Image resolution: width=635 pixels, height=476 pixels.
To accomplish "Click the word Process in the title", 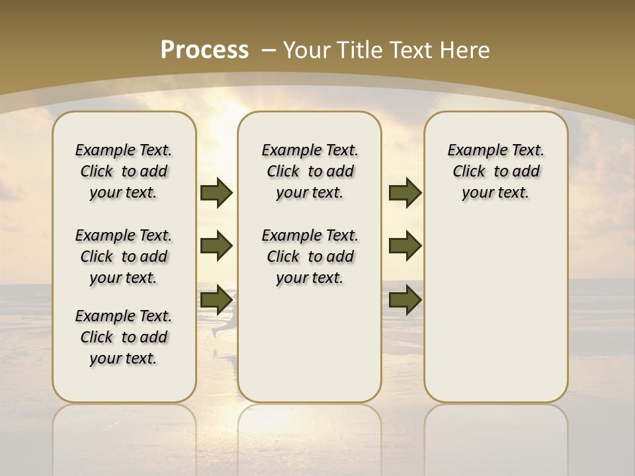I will [x=204, y=50].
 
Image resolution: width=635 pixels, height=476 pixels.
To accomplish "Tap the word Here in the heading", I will [x=465, y=50].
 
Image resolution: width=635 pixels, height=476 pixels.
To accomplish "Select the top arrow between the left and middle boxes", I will [x=216, y=193].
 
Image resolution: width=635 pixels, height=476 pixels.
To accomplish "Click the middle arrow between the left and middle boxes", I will [x=216, y=247].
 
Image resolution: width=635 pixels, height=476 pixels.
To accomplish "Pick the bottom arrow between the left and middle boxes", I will [x=216, y=300].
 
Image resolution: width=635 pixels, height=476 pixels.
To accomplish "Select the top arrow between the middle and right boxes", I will [x=405, y=193].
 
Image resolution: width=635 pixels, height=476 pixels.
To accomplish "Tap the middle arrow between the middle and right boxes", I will [x=405, y=247].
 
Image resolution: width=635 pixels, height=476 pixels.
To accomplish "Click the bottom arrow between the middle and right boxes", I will [x=405, y=300].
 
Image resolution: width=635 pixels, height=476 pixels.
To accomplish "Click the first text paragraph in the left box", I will [x=124, y=171].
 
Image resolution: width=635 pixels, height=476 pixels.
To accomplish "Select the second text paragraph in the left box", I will [x=124, y=257].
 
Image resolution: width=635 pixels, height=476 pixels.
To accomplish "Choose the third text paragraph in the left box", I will [x=124, y=337].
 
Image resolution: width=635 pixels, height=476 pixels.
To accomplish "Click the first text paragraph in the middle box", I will [x=310, y=171].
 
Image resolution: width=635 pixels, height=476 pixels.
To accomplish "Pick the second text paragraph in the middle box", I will [x=310, y=257].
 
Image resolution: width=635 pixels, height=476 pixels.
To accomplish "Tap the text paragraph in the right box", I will [x=495, y=171].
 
